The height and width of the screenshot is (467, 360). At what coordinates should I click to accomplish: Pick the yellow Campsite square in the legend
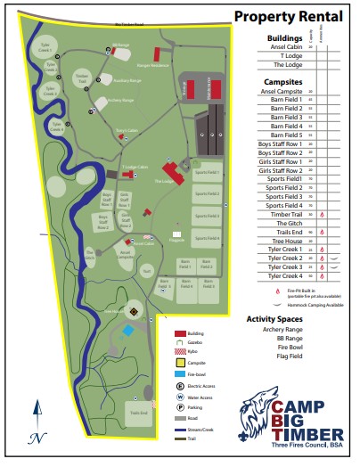pyautogui.click(x=180, y=363)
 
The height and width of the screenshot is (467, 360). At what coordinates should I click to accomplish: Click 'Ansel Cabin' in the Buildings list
pyautogui.click(x=285, y=47)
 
